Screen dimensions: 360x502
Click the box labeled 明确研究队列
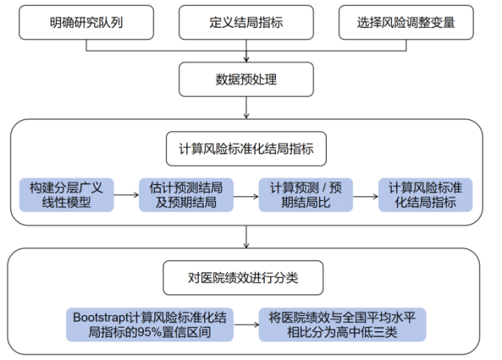tap(86, 22)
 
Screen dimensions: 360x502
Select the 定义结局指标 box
tap(246, 22)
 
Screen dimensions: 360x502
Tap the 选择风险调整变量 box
tap(406, 22)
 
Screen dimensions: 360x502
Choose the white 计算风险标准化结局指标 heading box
tap(246, 149)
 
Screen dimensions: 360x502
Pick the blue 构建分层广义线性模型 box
tap(66, 194)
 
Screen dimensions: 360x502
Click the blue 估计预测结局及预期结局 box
tap(186, 194)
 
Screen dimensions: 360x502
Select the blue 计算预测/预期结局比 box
tap(306, 194)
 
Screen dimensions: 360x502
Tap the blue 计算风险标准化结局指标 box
tap(426, 194)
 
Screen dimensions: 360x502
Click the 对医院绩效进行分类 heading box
tap(246, 278)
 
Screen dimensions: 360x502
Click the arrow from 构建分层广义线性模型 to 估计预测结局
tap(126, 194)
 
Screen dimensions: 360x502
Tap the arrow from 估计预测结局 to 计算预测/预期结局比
tap(246, 194)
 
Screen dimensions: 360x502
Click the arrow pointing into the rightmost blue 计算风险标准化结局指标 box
tap(366, 194)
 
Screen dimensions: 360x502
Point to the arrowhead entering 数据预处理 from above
tap(246, 58)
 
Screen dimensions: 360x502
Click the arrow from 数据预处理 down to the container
tap(246, 108)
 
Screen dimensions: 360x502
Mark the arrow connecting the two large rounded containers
tap(246, 237)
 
